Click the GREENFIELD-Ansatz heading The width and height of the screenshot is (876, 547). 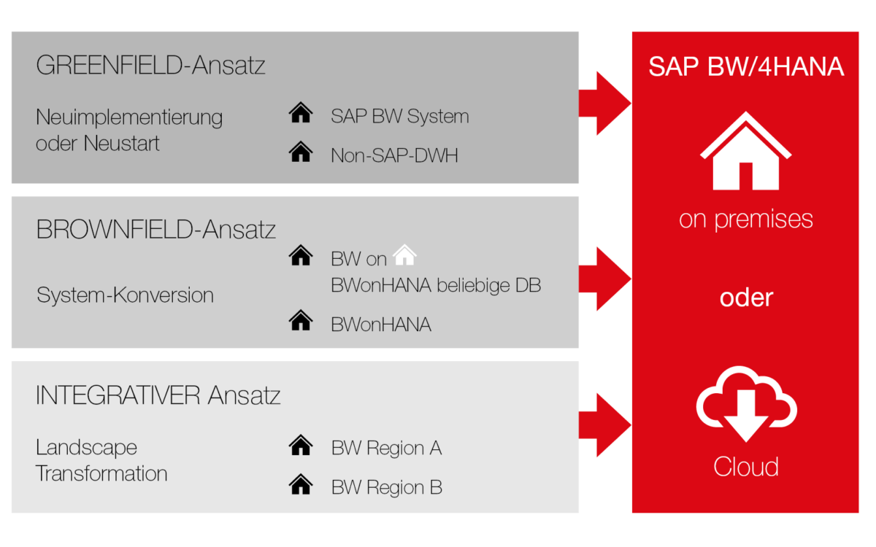tap(150, 66)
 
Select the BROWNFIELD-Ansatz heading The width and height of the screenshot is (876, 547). tap(155, 230)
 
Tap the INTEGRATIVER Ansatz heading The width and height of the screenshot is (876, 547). tap(158, 395)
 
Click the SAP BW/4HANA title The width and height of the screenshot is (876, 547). tap(746, 67)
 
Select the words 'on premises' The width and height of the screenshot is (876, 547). tap(745, 219)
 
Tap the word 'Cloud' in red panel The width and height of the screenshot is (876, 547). tap(745, 466)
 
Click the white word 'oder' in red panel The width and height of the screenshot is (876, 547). tap(745, 298)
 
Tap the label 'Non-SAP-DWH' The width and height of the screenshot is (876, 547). tap(394, 155)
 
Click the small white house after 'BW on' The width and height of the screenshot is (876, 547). tap(404, 255)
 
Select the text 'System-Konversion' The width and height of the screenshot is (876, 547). tap(125, 295)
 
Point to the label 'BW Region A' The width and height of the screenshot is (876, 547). tap(386, 448)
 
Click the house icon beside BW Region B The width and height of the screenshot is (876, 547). tap(301, 484)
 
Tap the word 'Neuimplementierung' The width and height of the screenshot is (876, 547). tap(129, 117)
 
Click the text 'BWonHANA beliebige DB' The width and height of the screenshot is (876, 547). tap(436, 285)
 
